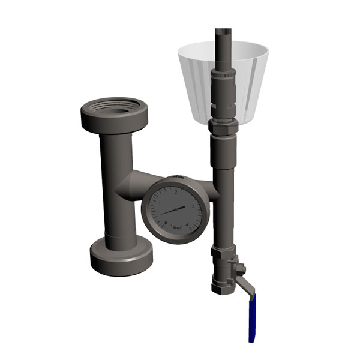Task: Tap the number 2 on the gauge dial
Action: click(175, 193)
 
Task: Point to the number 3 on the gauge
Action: click(192, 206)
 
